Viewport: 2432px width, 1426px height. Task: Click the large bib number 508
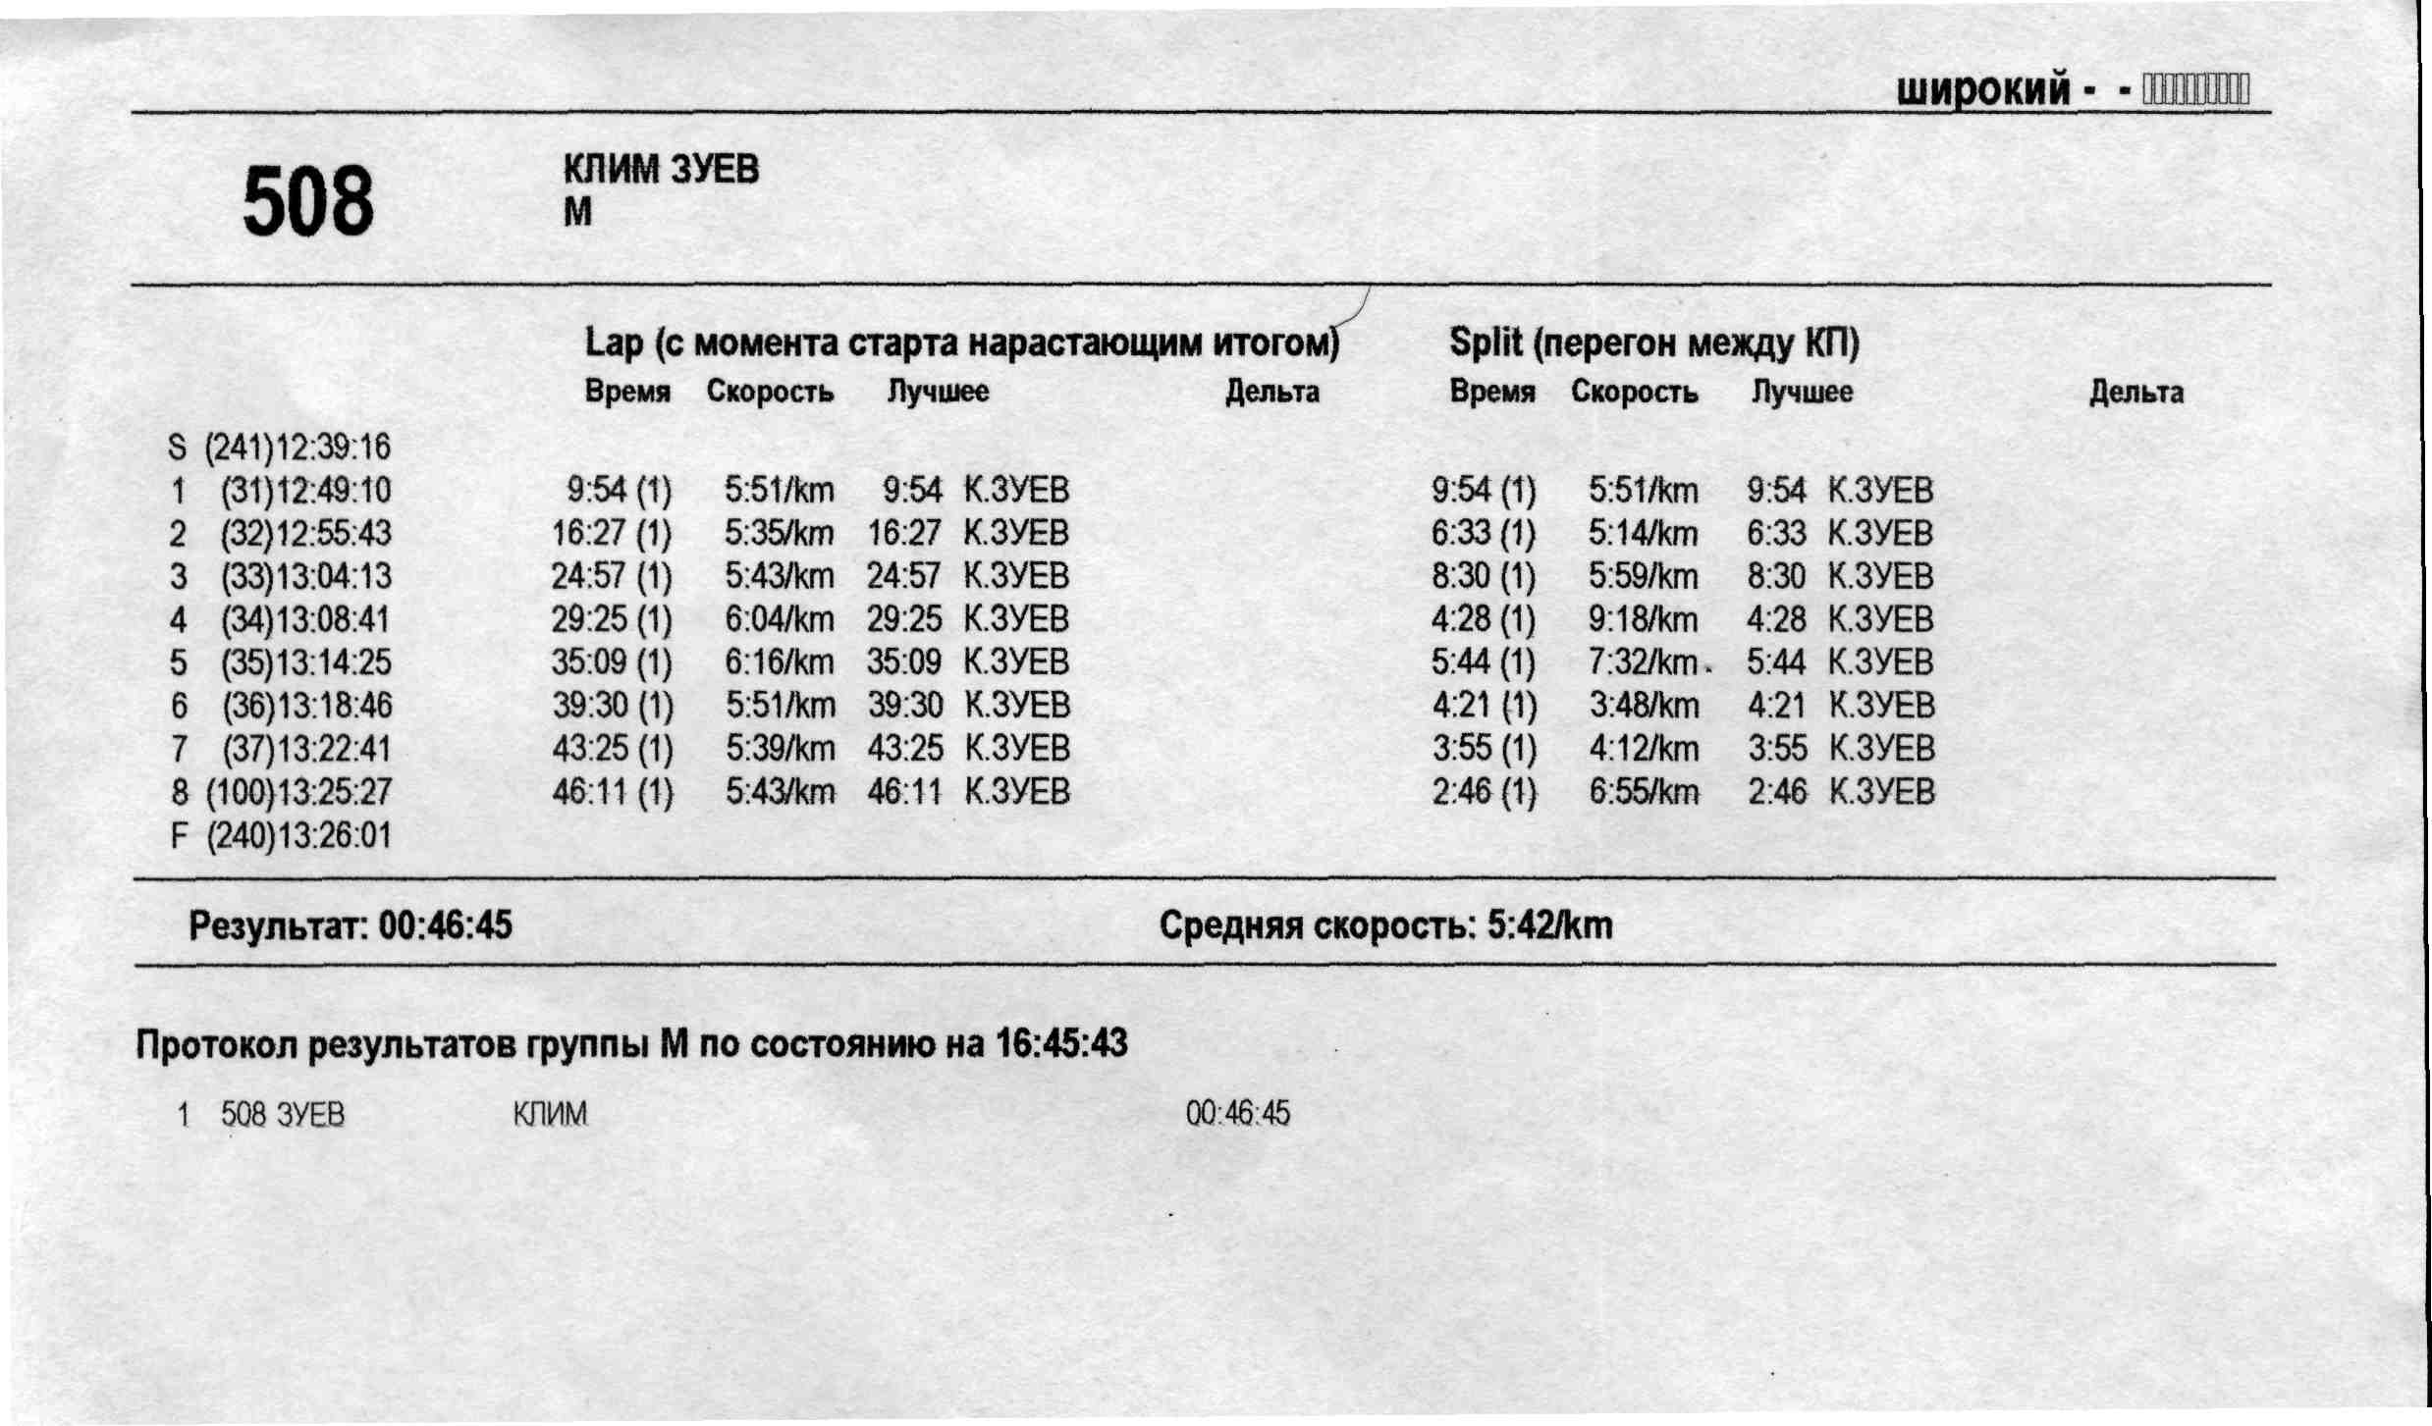tap(307, 201)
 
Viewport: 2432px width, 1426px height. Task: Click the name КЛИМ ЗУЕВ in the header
tap(661, 170)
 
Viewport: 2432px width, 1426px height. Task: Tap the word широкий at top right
tap(1982, 90)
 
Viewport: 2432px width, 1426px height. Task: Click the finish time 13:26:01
tap(334, 836)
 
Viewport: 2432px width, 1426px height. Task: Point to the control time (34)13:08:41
tap(305, 620)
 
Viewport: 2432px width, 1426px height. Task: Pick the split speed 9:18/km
tap(1644, 620)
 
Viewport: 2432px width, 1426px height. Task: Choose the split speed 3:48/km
tap(1644, 706)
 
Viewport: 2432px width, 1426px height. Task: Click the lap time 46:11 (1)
tap(613, 792)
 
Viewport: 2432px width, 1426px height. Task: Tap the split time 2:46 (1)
tap(1484, 792)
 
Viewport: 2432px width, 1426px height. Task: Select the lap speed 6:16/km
tap(780, 662)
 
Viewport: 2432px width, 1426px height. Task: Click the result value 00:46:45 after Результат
tap(446, 925)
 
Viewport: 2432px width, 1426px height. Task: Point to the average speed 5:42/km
tap(1549, 925)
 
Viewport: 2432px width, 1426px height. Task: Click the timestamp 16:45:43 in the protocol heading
tap(1061, 1043)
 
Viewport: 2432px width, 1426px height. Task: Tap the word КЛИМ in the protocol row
tap(550, 1115)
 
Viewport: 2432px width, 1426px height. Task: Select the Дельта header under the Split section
tap(2135, 393)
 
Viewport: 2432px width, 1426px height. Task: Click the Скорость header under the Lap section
tap(770, 392)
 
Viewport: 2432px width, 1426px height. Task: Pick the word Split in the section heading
tap(1486, 343)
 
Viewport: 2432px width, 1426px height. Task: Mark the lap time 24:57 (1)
tap(611, 576)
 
